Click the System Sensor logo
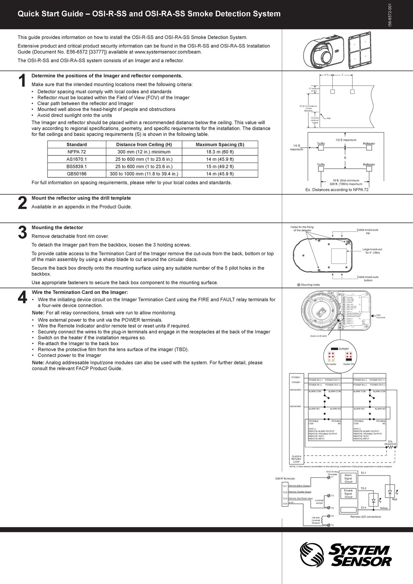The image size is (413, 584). (346, 555)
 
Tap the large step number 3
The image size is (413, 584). (22, 233)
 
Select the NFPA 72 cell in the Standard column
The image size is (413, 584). (76, 152)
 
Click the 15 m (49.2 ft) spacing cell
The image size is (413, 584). (220, 167)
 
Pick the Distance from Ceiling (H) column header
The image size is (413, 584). (144, 145)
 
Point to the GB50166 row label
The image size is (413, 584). (76, 174)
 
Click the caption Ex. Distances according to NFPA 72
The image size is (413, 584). (337, 190)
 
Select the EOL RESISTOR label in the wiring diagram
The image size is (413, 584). (390, 443)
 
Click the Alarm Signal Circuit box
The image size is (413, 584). (348, 478)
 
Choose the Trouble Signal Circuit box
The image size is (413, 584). (348, 494)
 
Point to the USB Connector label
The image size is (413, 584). (380, 316)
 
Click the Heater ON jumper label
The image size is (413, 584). (348, 364)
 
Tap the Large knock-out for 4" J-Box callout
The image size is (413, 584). (372, 251)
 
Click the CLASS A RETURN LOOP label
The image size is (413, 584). (296, 459)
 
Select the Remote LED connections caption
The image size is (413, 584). (366, 517)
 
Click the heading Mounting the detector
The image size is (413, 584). (57, 227)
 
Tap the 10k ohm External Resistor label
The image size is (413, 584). (316, 520)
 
